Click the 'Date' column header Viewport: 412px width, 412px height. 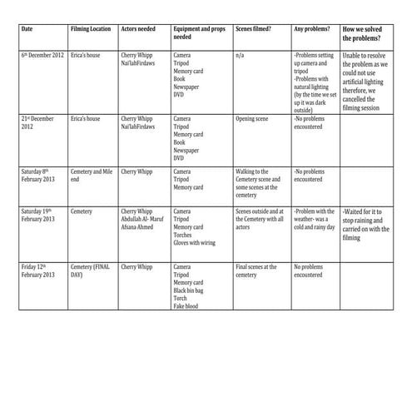click(x=27, y=28)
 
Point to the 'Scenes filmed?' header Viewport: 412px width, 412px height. click(x=254, y=28)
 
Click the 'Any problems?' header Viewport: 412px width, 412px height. click(x=311, y=28)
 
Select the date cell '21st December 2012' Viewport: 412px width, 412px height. click(x=41, y=123)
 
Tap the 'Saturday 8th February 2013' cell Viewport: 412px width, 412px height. click(x=42, y=176)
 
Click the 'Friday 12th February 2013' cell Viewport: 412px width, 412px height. click(x=42, y=271)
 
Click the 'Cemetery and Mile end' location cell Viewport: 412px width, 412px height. click(x=90, y=176)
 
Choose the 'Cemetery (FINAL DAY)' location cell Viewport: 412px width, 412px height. click(x=90, y=271)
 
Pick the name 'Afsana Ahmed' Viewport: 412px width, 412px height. click(x=142, y=227)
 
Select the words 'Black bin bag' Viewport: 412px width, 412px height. click(x=192, y=288)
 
